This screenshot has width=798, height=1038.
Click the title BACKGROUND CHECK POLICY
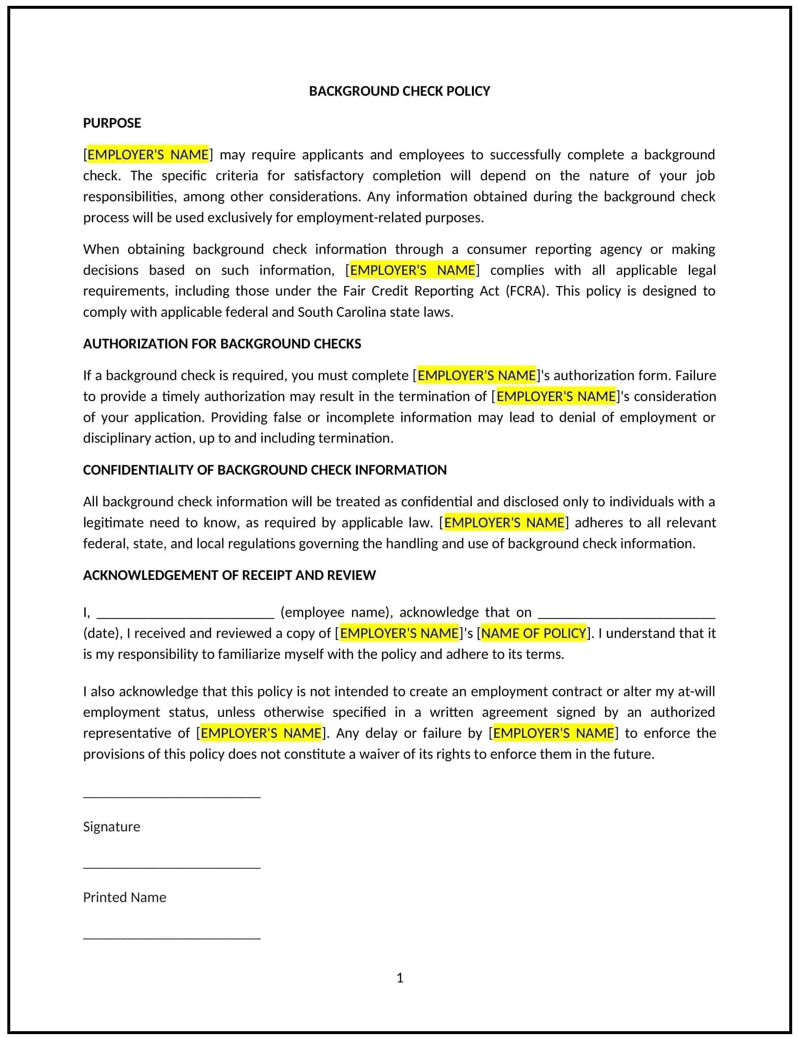(x=399, y=91)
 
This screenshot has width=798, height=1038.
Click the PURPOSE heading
(x=112, y=123)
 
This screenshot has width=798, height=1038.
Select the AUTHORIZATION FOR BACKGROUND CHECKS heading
(x=222, y=344)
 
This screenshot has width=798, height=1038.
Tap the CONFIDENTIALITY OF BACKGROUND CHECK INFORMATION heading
(x=265, y=470)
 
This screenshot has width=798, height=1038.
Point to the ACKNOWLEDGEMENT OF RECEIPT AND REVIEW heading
(x=229, y=576)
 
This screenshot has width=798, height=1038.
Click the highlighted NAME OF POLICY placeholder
(x=534, y=633)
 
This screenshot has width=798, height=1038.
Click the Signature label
(x=112, y=827)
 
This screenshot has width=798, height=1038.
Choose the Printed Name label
(x=124, y=898)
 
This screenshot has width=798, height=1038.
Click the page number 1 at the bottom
(x=400, y=978)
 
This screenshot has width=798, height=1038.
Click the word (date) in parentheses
(x=102, y=634)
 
